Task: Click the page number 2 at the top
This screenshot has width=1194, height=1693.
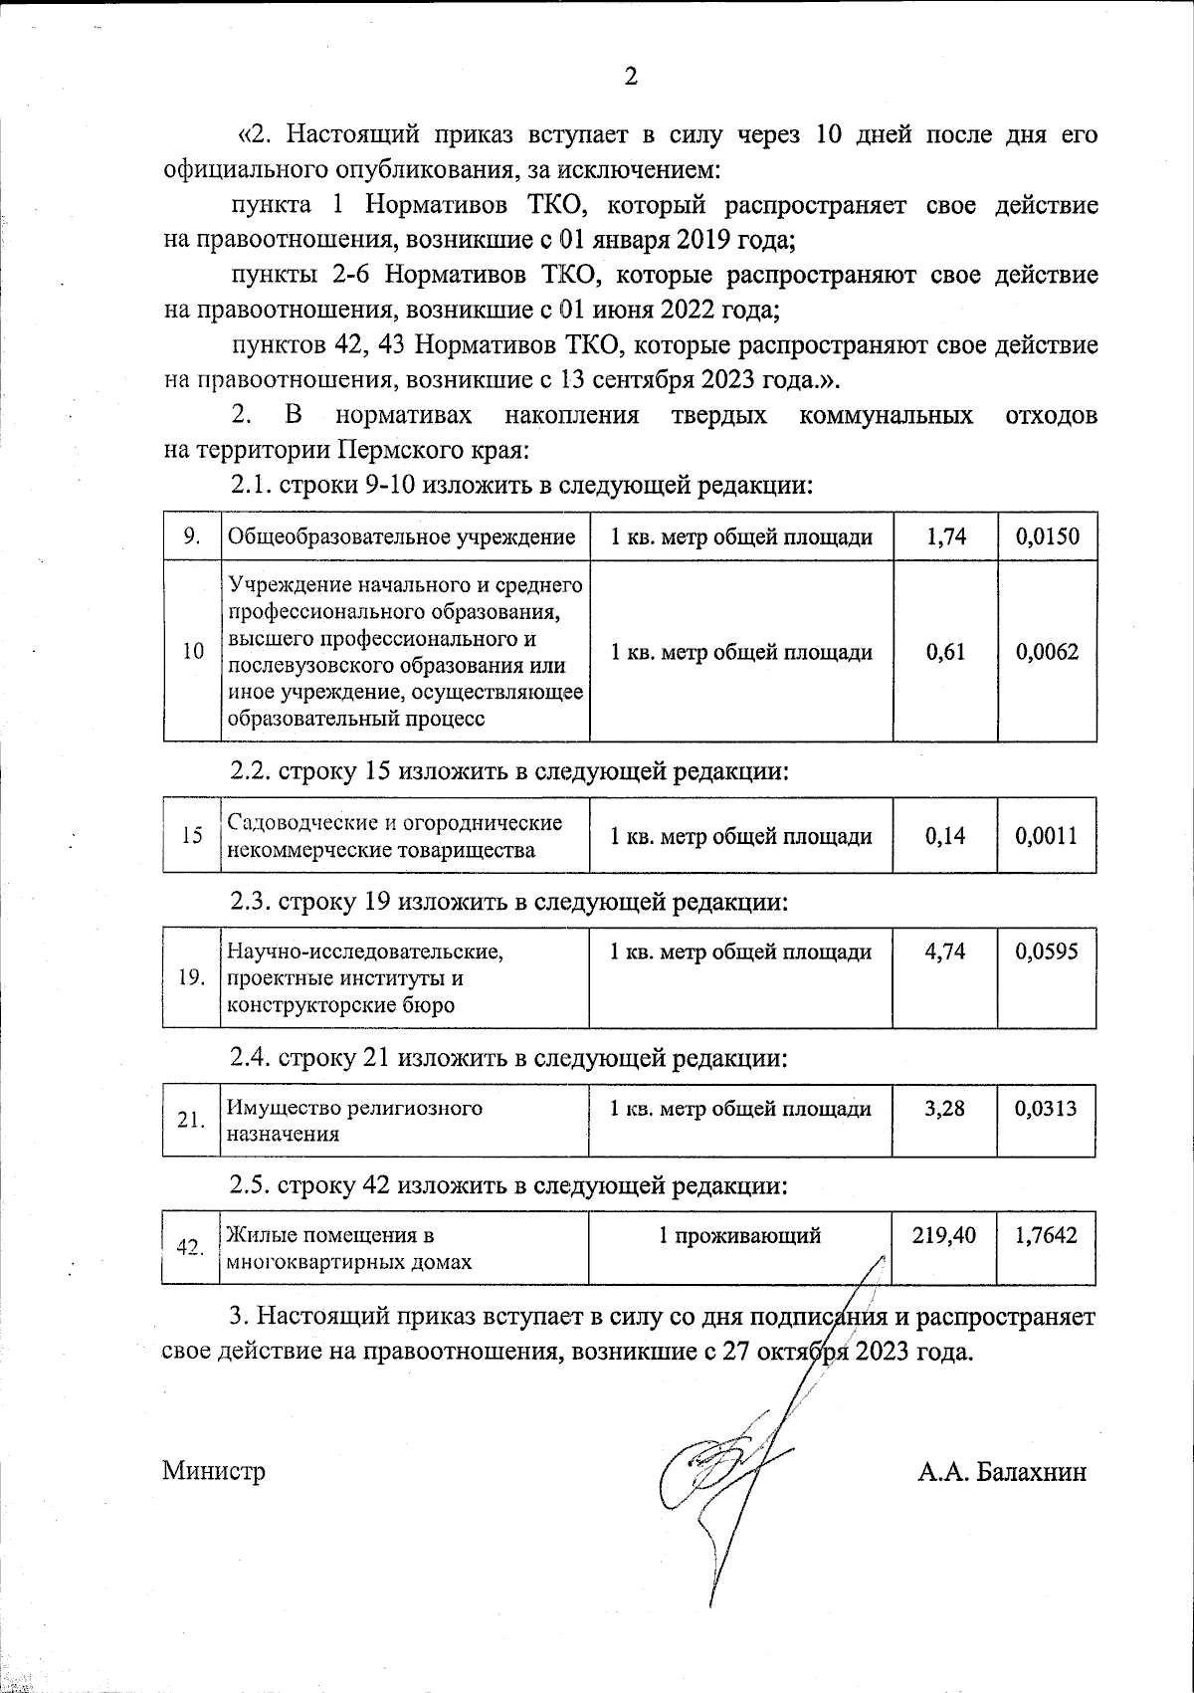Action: coord(629,77)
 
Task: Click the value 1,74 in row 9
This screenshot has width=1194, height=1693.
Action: coord(944,537)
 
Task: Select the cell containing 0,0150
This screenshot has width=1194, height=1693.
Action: coord(1047,537)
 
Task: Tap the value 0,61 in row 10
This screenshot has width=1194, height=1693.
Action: coord(944,652)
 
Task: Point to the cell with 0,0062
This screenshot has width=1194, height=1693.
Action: coord(1047,652)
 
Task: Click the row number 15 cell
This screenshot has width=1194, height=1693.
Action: coord(192,836)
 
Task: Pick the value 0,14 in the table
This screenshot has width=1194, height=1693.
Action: coord(944,836)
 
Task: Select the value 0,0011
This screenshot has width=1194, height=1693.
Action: coord(1047,836)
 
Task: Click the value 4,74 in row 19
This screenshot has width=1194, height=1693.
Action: coord(944,952)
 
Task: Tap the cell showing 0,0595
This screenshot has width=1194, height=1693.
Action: coord(1047,952)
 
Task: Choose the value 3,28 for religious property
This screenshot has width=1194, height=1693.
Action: coord(944,1108)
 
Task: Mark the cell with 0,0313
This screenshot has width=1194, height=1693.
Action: coord(1047,1108)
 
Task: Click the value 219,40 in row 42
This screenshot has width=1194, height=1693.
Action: coord(943,1236)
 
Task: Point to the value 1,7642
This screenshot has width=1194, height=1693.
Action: coord(1047,1236)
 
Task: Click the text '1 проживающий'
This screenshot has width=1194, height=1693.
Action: coord(739,1236)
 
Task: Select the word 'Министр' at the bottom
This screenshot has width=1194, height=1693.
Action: coord(214,1471)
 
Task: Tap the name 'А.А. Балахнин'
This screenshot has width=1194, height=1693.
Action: coord(1002,1472)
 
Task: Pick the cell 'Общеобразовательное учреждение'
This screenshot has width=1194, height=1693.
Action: coord(402,537)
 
